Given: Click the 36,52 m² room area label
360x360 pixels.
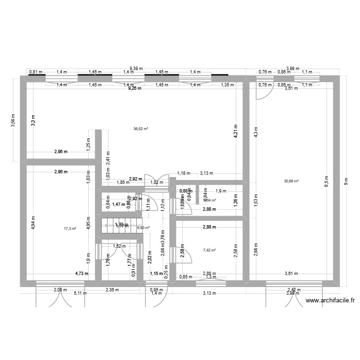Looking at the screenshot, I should pyautogui.click(x=141, y=129).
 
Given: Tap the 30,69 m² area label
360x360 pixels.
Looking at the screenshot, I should pyautogui.click(x=291, y=181).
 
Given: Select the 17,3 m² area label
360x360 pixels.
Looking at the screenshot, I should pyautogui.click(x=70, y=229).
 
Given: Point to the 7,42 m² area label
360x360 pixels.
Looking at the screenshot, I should pyautogui.click(x=209, y=250).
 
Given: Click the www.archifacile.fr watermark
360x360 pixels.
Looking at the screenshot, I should pyautogui.click(x=330, y=300).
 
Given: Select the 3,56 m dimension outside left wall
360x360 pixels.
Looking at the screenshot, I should pyautogui.click(x=13, y=120).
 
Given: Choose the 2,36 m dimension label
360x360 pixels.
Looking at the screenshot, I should pyautogui.click(x=112, y=289).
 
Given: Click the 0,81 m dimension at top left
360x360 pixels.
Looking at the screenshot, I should pyautogui.click(x=35, y=72).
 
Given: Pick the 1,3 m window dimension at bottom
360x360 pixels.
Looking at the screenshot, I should pyautogui.click(x=210, y=277).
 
